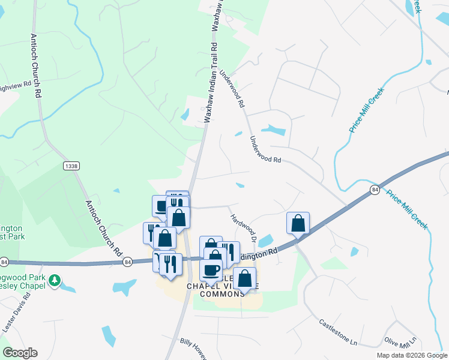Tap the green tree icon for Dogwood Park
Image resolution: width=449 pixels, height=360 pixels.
coord(55,280)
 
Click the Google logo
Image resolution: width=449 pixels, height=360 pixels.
coord(20,353)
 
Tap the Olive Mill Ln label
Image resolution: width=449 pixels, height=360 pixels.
coord(400,340)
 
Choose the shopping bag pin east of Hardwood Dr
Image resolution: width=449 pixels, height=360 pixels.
coord(298,224)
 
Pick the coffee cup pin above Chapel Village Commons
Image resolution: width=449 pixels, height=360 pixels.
coord(211,270)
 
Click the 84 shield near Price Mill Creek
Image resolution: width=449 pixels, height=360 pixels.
coord(375,189)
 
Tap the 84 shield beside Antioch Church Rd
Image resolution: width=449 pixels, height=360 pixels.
coord(127,262)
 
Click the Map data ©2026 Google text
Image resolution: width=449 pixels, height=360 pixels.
coord(411,355)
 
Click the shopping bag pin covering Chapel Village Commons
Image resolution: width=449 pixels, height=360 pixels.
coord(244,279)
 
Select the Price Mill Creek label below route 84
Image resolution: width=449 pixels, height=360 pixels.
coord(407,210)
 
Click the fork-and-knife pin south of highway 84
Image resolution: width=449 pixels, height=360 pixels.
coord(170,265)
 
